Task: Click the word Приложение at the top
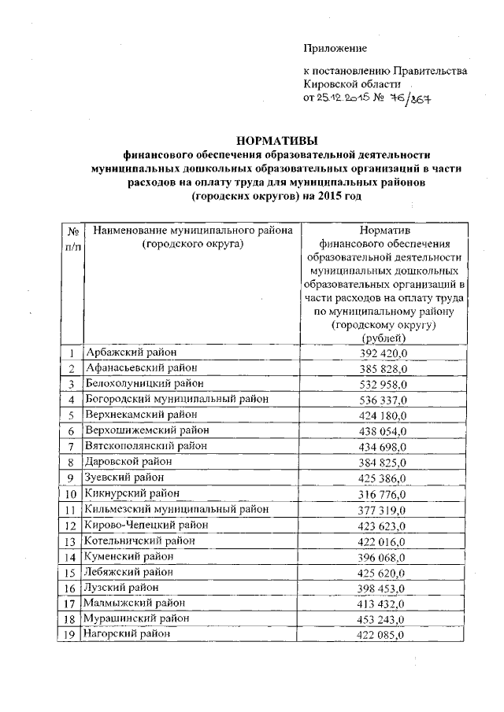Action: (x=336, y=49)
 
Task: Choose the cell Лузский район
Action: (x=120, y=588)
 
